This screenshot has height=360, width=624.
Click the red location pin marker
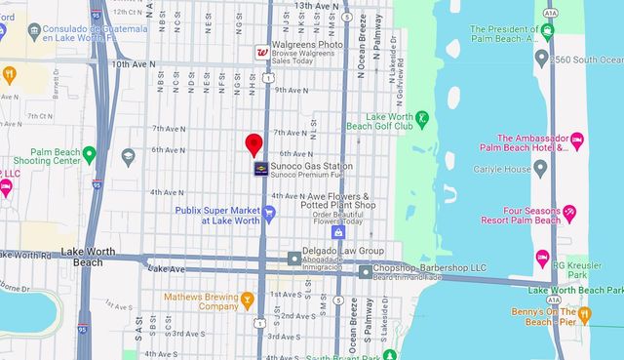pos(254,145)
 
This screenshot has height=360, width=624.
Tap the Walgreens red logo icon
pos(262,52)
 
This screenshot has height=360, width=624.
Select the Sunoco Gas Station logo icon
pos(261,170)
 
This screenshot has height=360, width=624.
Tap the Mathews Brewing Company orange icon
pos(248,300)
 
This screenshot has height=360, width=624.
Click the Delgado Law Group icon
pos(294,258)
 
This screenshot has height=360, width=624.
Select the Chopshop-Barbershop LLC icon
pos(365,271)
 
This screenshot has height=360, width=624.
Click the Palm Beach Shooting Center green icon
pos(90,154)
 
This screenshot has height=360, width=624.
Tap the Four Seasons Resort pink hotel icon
pos(568,214)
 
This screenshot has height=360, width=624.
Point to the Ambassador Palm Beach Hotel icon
pos(576,142)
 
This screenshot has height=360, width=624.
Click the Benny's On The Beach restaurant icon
pos(584,315)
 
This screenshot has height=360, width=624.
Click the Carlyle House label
pos(531,169)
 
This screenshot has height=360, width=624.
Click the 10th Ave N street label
pos(134,64)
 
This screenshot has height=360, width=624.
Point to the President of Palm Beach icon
pos(548,32)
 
